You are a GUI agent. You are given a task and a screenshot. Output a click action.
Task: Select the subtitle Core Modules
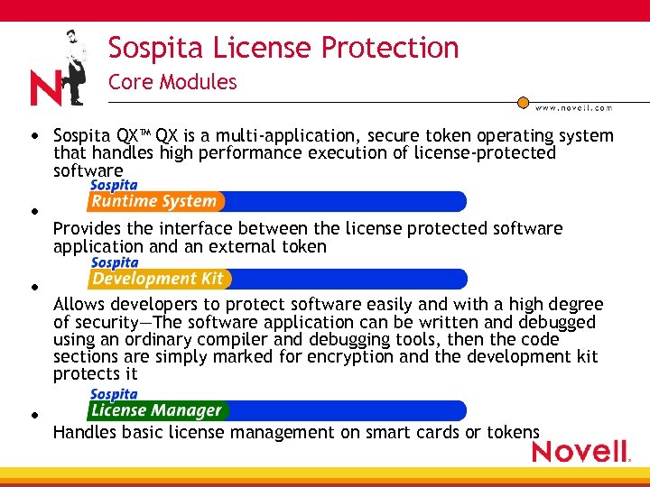172,82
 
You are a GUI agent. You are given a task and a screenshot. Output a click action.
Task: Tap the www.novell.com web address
574,107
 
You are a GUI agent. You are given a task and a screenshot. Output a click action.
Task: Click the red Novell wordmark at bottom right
580,450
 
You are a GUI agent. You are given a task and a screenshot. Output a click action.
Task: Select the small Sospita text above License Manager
114,394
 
